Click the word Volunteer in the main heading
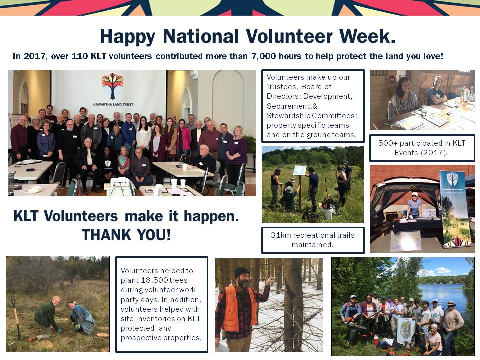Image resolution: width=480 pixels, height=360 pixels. (x=289, y=36)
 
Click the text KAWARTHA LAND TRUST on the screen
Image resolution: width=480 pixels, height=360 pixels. (x=113, y=104)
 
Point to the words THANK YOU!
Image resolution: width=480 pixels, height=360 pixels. (x=126, y=235)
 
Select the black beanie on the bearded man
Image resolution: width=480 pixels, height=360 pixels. (x=242, y=272)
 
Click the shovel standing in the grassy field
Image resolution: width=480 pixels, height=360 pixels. (x=16, y=319)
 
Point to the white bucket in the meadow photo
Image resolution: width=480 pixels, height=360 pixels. (x=328, y=214)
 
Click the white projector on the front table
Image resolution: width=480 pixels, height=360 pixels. (x=119, y=183)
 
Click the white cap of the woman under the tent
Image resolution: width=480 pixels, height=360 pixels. (x=415, y=194)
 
